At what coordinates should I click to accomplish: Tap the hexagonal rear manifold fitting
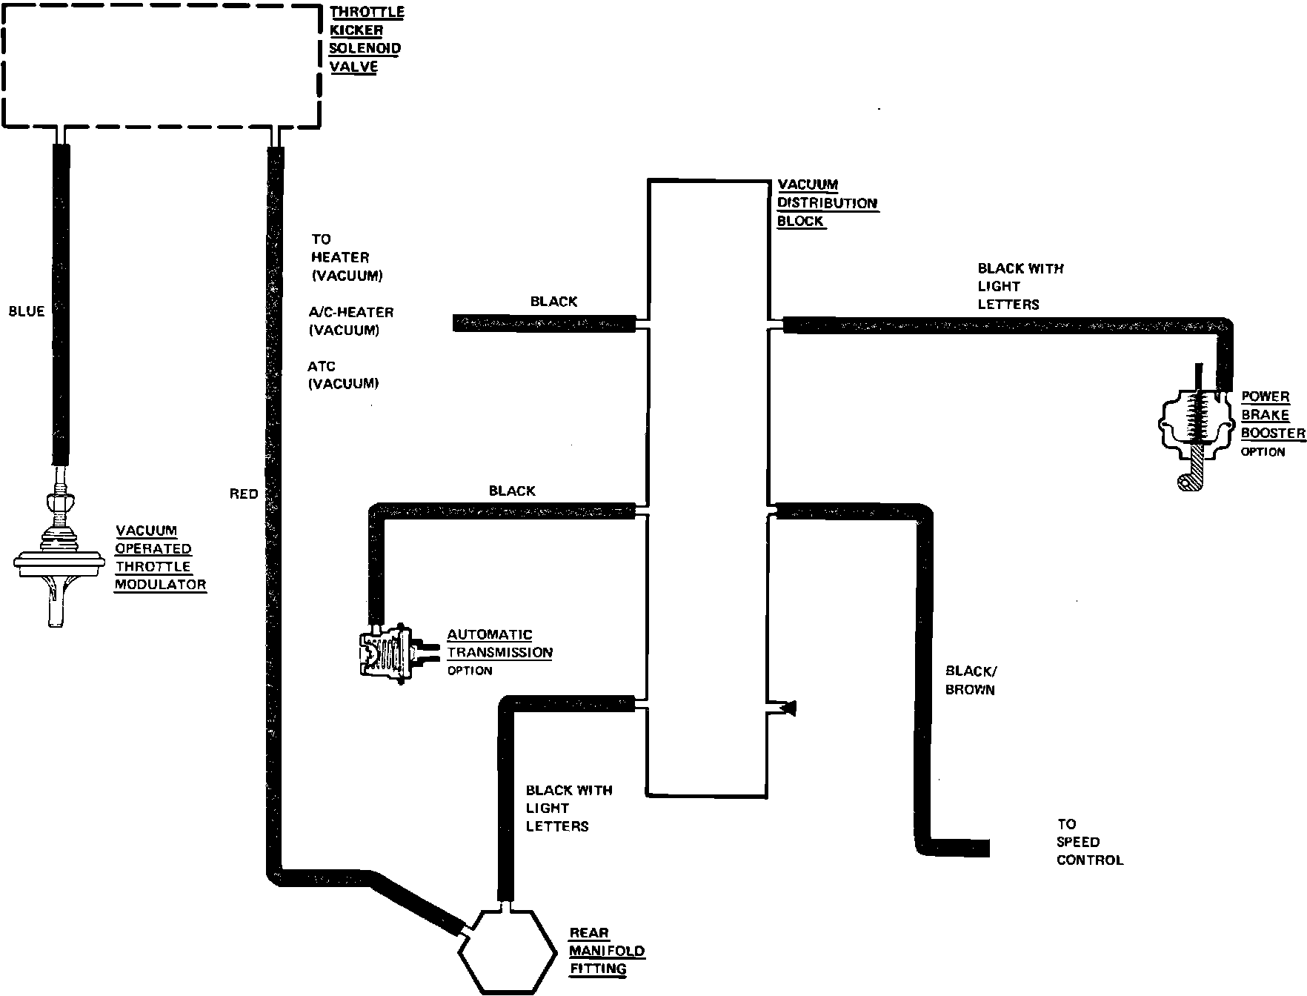click(507, 953)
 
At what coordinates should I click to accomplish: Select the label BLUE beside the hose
click(27, 312)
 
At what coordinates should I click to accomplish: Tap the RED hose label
click(244, 494)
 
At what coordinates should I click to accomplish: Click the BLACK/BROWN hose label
click(971, 680)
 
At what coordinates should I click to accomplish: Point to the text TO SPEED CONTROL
click(1089, 842)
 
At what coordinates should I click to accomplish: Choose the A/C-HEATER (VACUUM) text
click(350, 321)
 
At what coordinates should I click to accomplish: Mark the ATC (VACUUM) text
click(344, 375)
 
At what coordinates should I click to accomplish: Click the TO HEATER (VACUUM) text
click(346, 257)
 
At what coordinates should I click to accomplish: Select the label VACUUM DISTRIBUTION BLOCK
click(826, 203)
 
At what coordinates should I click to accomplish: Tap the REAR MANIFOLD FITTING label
click(606, 951)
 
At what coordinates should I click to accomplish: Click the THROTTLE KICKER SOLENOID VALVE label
click(367, 39)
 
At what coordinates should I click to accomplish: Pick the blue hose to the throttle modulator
click(61, 304)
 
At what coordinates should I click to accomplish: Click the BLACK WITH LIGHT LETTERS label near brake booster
click(1020, 286)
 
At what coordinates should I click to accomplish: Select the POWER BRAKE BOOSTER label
click(1272, 415)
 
